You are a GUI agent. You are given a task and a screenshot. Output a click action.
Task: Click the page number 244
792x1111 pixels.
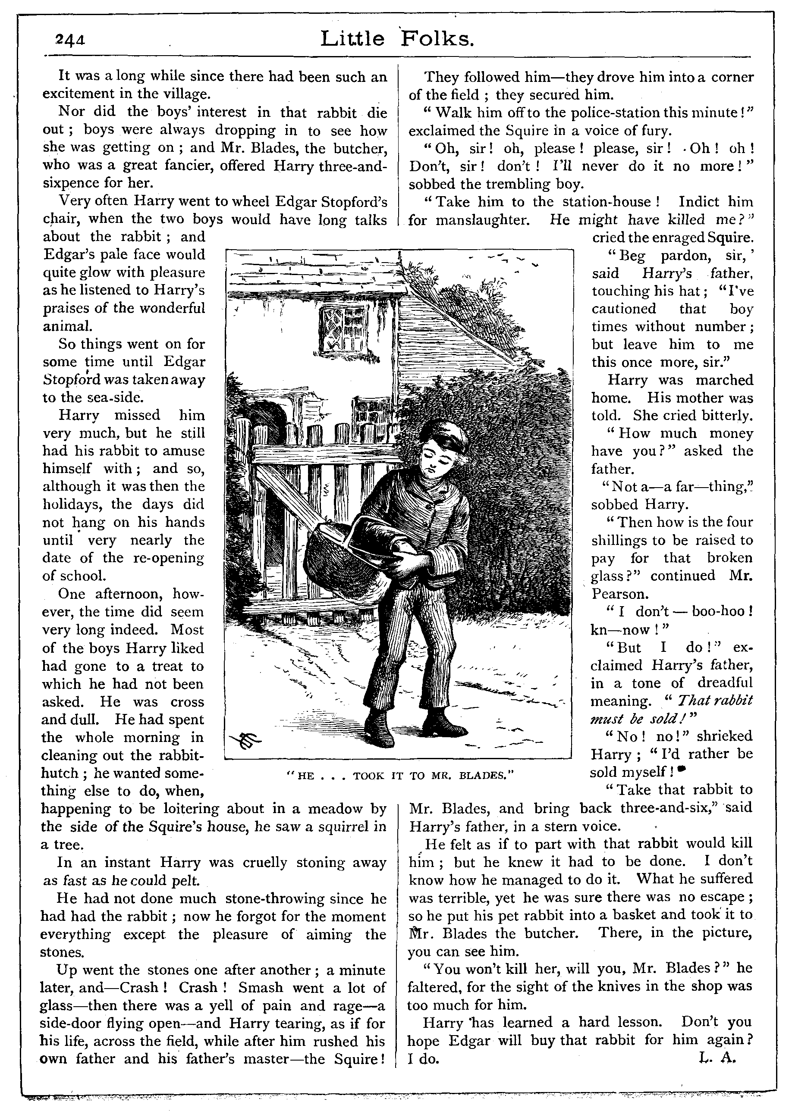(x=70, y=39)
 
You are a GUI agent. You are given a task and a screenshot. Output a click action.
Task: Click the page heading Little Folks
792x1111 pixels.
(x=397, y=39)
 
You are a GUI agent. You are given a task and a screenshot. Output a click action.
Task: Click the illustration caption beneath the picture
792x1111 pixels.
(x=397, y=775)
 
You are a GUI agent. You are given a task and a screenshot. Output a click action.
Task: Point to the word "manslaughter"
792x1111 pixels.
(x=482, y=220)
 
